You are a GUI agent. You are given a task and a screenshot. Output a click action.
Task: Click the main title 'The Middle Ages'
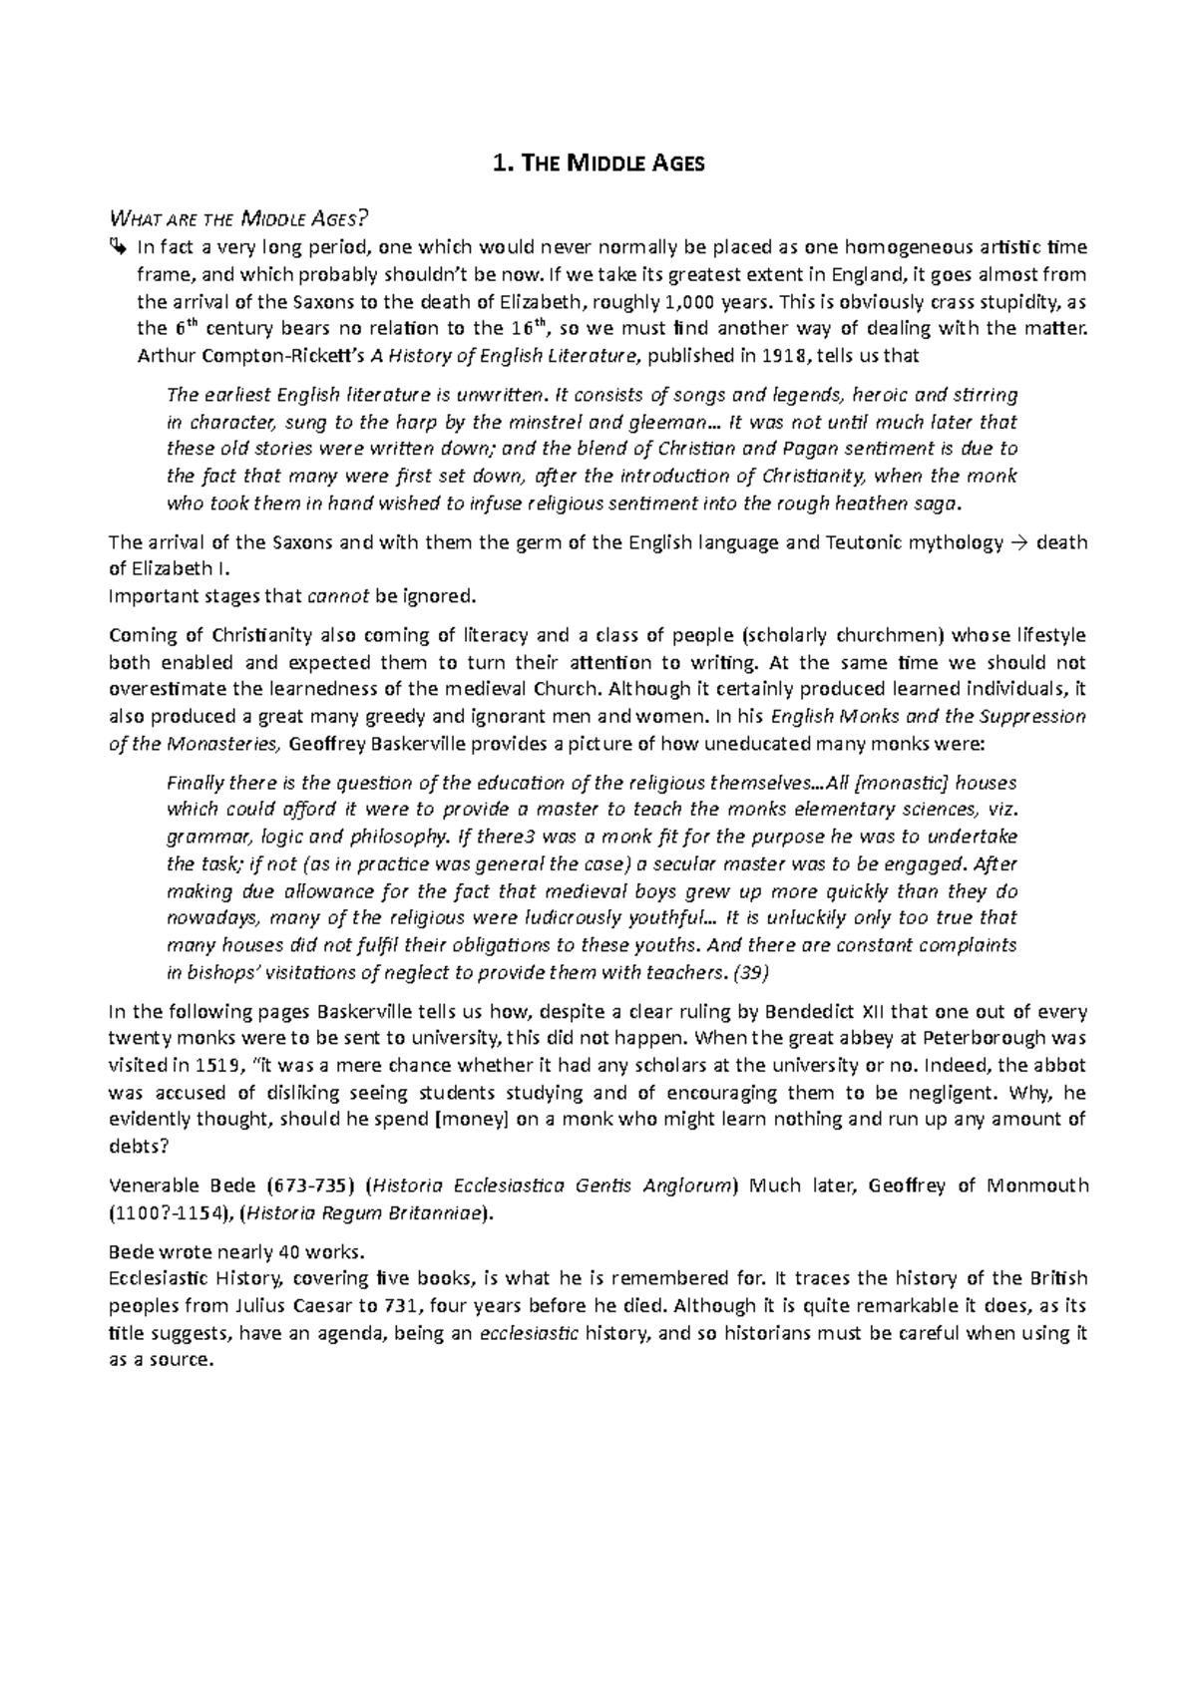[598, 164]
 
